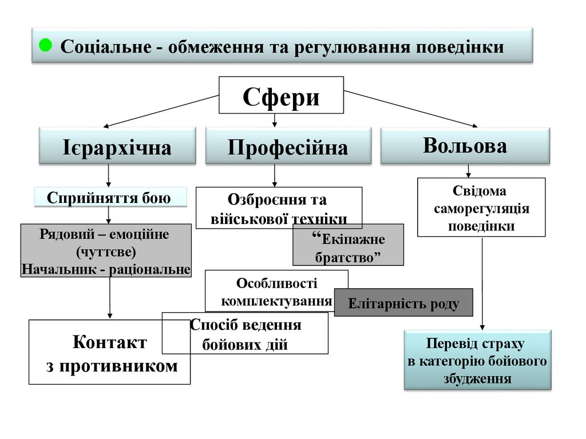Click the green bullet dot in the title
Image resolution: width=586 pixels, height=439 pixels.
point(46,45)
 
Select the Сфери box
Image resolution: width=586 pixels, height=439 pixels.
point(282,95)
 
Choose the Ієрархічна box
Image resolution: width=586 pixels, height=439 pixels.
point(117,147)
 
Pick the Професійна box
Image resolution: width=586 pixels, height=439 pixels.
point(288,147)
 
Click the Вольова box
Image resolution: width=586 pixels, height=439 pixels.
point(465,146)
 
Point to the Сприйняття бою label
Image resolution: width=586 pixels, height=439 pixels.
point(109,198)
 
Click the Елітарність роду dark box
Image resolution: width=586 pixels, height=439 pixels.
point(403,304)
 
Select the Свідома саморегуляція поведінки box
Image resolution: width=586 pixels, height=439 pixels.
point(481,207)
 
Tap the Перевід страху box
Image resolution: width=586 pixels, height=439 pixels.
point(477,361)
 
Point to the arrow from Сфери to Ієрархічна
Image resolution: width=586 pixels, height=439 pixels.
point(160,111)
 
